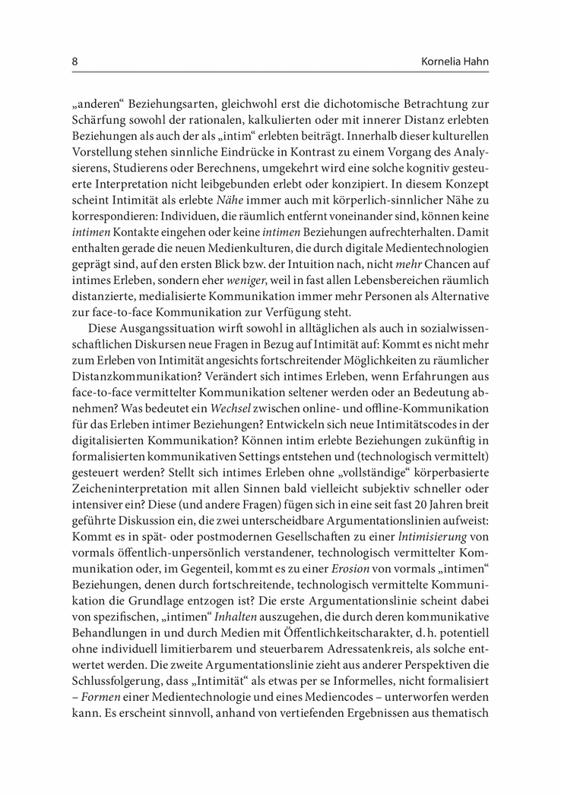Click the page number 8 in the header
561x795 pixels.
(74, 60)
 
